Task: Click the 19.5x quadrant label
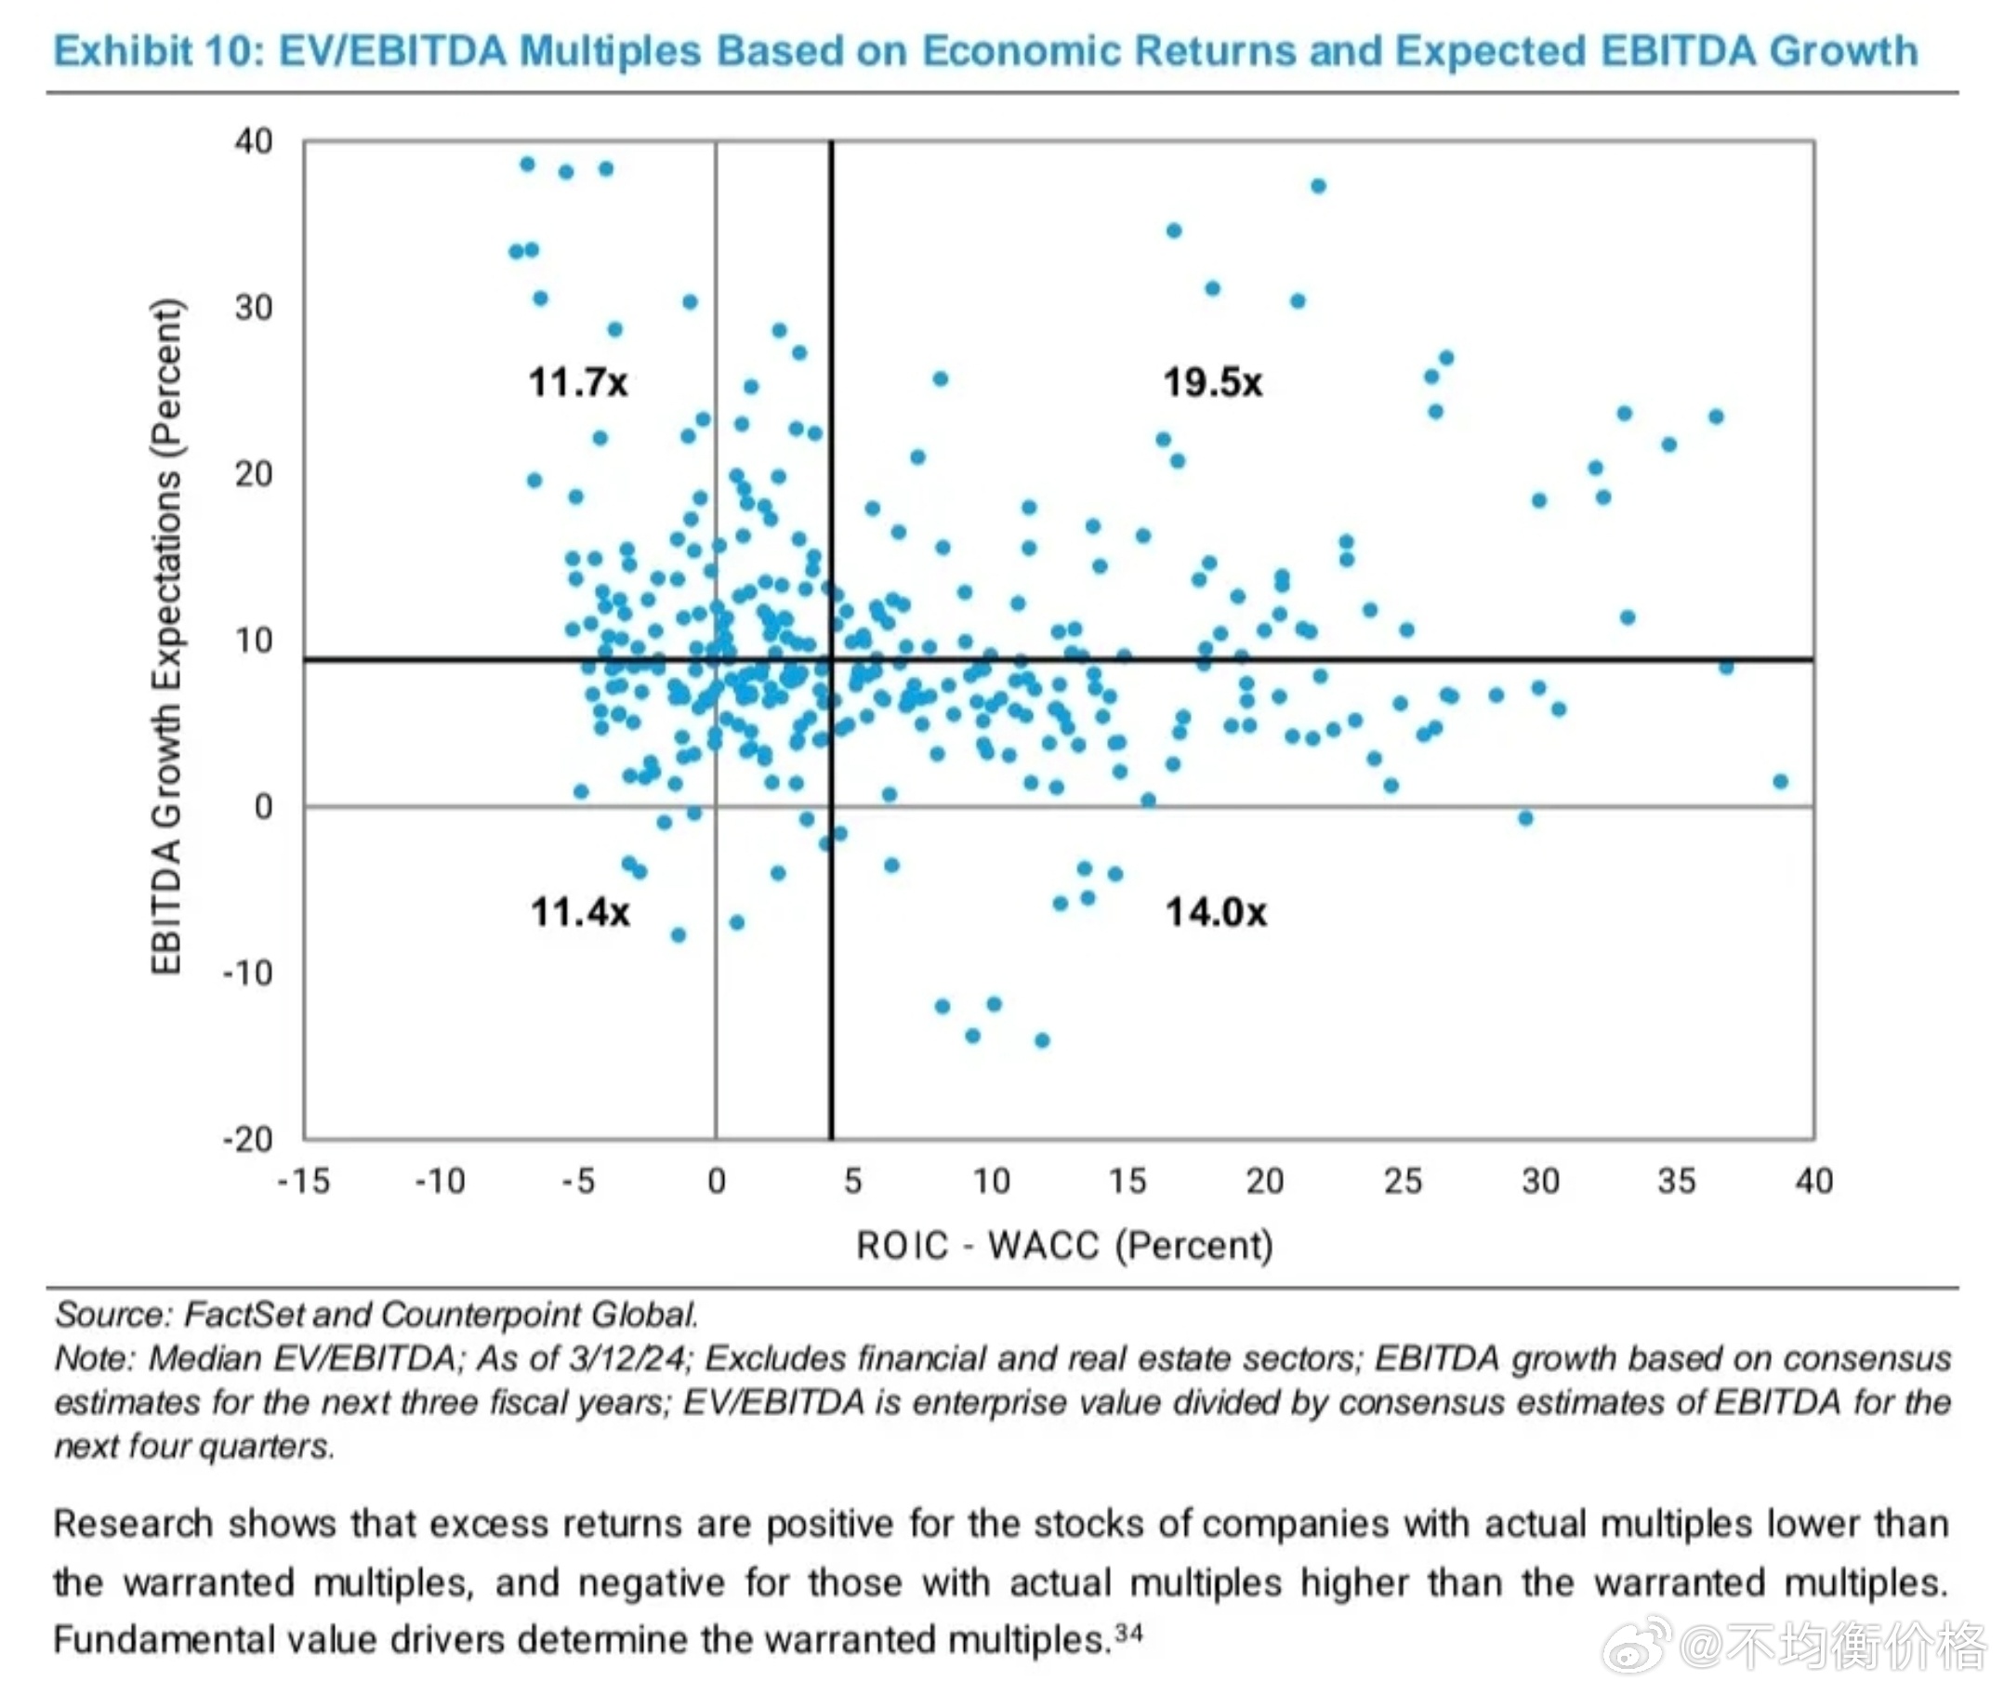(x=1212, y=382)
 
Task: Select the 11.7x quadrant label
(x=577, y=382)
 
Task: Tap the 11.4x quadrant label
(x=580, y=911)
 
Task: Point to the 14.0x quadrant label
(x=1216, y=911)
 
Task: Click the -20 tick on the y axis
(x=248, y=1139)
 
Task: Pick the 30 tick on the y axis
(x=254, y=308)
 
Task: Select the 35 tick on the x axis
(x=1677, y=1180)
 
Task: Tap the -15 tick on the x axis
(x=303, y=1180)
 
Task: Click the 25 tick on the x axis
(x=1402, y=1180)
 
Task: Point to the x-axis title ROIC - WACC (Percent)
(x=1064, y=1245)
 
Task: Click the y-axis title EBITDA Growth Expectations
(x=166, y=636)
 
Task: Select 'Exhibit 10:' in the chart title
(x=158, y=51)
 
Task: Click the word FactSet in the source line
(x=244, y=1314)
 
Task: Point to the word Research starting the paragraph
(x=133, y=1524)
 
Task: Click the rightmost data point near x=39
(x=1780, y=781)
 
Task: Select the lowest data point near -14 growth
(x=1042, y=1040)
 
